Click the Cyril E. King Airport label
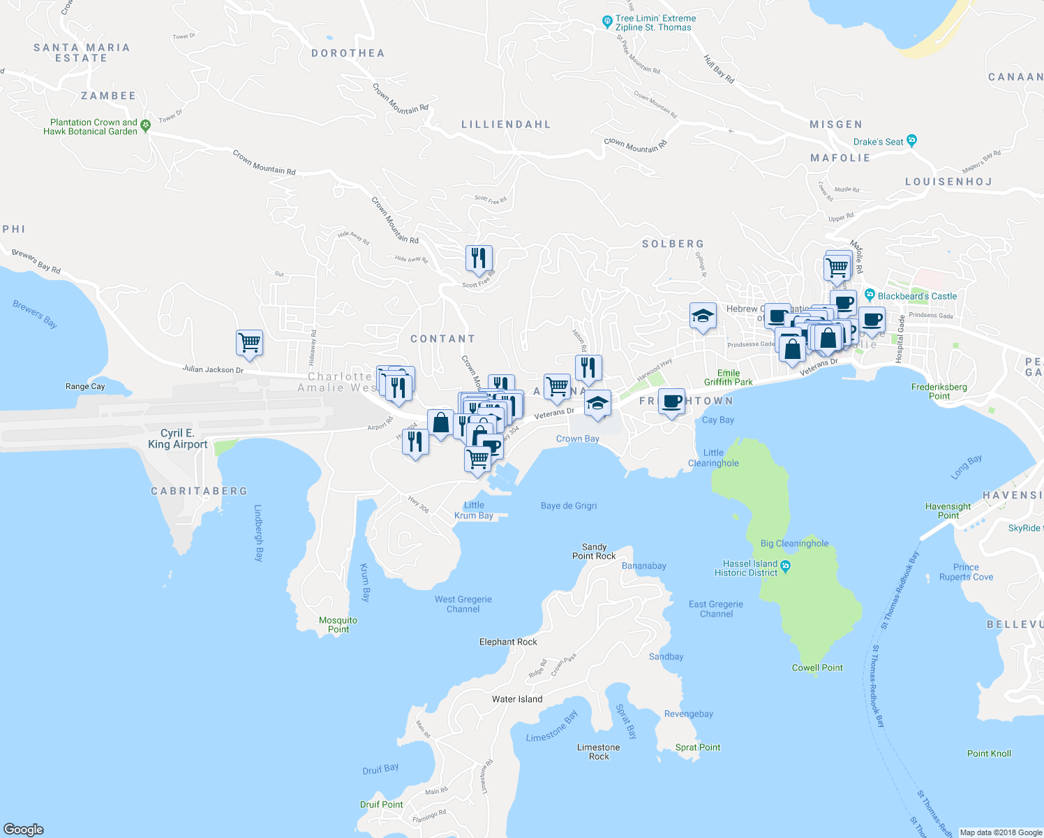(177, 439)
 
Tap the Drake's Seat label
(878, 142)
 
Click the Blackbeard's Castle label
(917, 296)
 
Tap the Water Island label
(516, 699)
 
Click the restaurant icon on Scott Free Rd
(479, 258)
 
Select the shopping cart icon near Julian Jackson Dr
(249, 343)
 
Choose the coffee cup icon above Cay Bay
(671, 402)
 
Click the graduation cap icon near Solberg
(703, 316)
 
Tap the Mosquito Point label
(338, 624)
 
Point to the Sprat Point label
(698, 747)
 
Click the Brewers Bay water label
(35, 314)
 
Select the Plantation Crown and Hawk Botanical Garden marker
(145, 125)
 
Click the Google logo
(23, 829)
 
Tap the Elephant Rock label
(508, 642)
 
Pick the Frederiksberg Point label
(939, 391)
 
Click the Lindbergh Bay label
(258, 533)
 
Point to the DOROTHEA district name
(348, 53)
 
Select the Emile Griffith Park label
(728, 377)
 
